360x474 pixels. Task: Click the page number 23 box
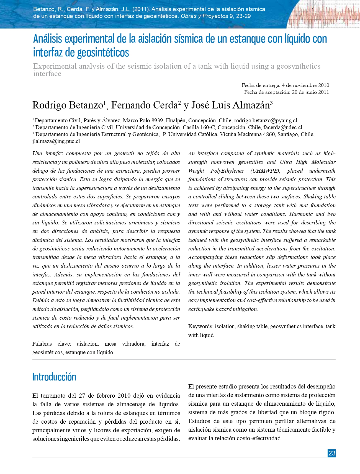click(x=331, y=453)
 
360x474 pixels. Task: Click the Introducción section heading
click(x=54, y=377)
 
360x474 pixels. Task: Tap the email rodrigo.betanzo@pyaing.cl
click(x=266, y=120)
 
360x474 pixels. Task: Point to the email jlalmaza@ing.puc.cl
click(x=56, y=141)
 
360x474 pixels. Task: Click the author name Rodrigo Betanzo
click(x=68, y=105)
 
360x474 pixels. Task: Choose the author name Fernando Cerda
click(x=144, y=105)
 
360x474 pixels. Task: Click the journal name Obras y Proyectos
click(x=204, y=16)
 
